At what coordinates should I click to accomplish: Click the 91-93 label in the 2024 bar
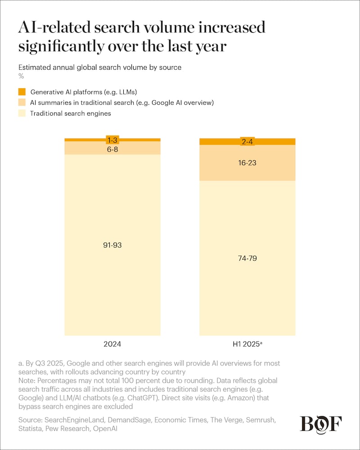[112, 245]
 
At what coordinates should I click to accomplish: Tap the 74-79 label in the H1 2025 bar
[247, 258]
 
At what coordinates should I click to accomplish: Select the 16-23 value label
[247, 162]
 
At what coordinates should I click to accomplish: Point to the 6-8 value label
[112, 148]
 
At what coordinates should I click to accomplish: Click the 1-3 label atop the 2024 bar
[112, 140]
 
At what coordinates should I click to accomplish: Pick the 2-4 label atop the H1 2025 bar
[247, 141]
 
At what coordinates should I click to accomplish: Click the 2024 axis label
[112, 345]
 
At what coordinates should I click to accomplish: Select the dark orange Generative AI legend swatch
[22, 92]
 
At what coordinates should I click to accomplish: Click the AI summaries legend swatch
[22, 103]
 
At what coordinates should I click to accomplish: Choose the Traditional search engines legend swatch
[22, 113]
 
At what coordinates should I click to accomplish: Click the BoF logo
[321, 425]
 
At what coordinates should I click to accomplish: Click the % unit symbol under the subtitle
[21, 76]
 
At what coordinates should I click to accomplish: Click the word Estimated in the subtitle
[34, 67]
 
